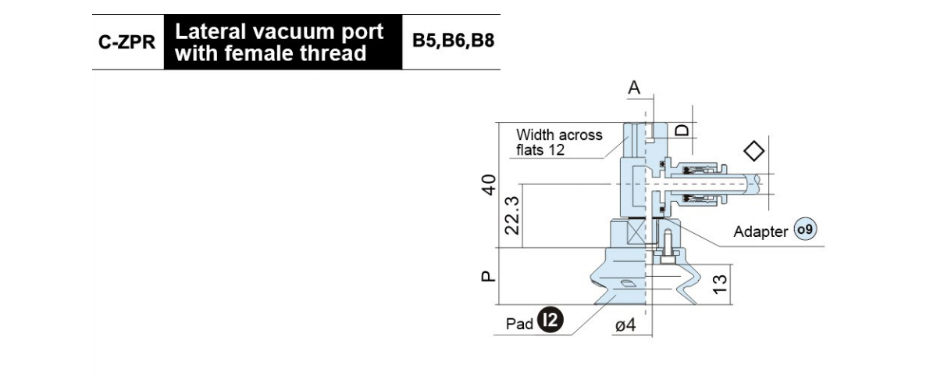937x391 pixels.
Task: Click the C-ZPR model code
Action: click(126, 42)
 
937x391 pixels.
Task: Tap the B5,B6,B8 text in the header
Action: click(453, 41)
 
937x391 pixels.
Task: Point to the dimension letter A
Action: click(634, 88)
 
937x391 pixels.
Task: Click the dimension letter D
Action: click(682, 130)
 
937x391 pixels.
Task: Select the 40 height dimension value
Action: click(489, 185)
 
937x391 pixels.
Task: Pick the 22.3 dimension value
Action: click(511, 215)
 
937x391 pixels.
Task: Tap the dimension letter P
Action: click(488, 276)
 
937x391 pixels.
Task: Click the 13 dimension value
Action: click(719, 285)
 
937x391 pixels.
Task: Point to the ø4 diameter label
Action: click(625, 325)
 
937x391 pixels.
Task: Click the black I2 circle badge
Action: click(550, 320)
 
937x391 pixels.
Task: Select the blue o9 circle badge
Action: click(805, 229)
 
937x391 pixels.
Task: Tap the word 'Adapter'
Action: click(761, 231)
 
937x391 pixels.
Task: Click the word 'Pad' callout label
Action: click(519, 324)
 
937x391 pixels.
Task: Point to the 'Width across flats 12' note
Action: click(559, 142)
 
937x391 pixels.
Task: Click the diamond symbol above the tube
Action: click(754, 151)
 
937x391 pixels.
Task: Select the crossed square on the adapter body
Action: click(636, 233)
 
